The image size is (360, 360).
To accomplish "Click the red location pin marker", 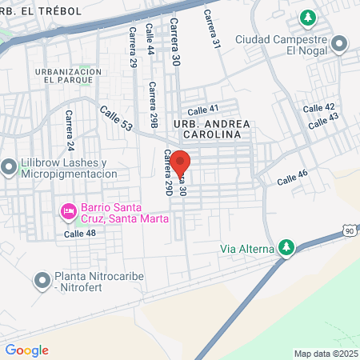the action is click(181, 162).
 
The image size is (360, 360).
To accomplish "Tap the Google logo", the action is click(26, 350).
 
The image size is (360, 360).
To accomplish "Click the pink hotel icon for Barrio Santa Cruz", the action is click(68, 211).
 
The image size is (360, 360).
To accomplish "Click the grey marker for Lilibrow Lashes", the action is click(9, 167).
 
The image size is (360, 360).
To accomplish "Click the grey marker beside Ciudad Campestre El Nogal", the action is click(340, 43).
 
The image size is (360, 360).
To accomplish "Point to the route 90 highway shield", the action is click(350, 230).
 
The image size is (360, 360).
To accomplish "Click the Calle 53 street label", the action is click(116, 119).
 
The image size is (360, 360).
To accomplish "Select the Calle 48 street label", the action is click(80, 234).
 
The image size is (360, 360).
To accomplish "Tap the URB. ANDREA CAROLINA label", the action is click(212, 130).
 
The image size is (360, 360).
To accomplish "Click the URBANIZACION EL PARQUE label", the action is click(68, 76).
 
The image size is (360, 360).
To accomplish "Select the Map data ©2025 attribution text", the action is click(326, 354).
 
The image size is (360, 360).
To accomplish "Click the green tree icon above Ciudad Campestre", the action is click(307, 17).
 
